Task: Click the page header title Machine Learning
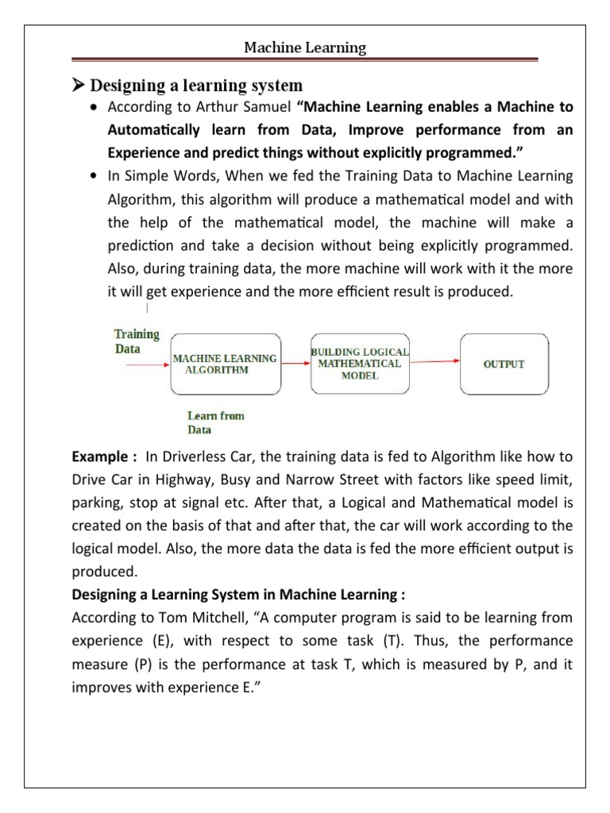point(305,48)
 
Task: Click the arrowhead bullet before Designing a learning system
point(78,85)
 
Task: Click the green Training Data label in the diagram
point(137,341)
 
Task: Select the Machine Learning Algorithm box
point(225,364)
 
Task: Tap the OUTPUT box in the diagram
point(504,364)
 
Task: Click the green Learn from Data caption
point(215,422)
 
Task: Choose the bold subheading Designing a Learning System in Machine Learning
point(238,595)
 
